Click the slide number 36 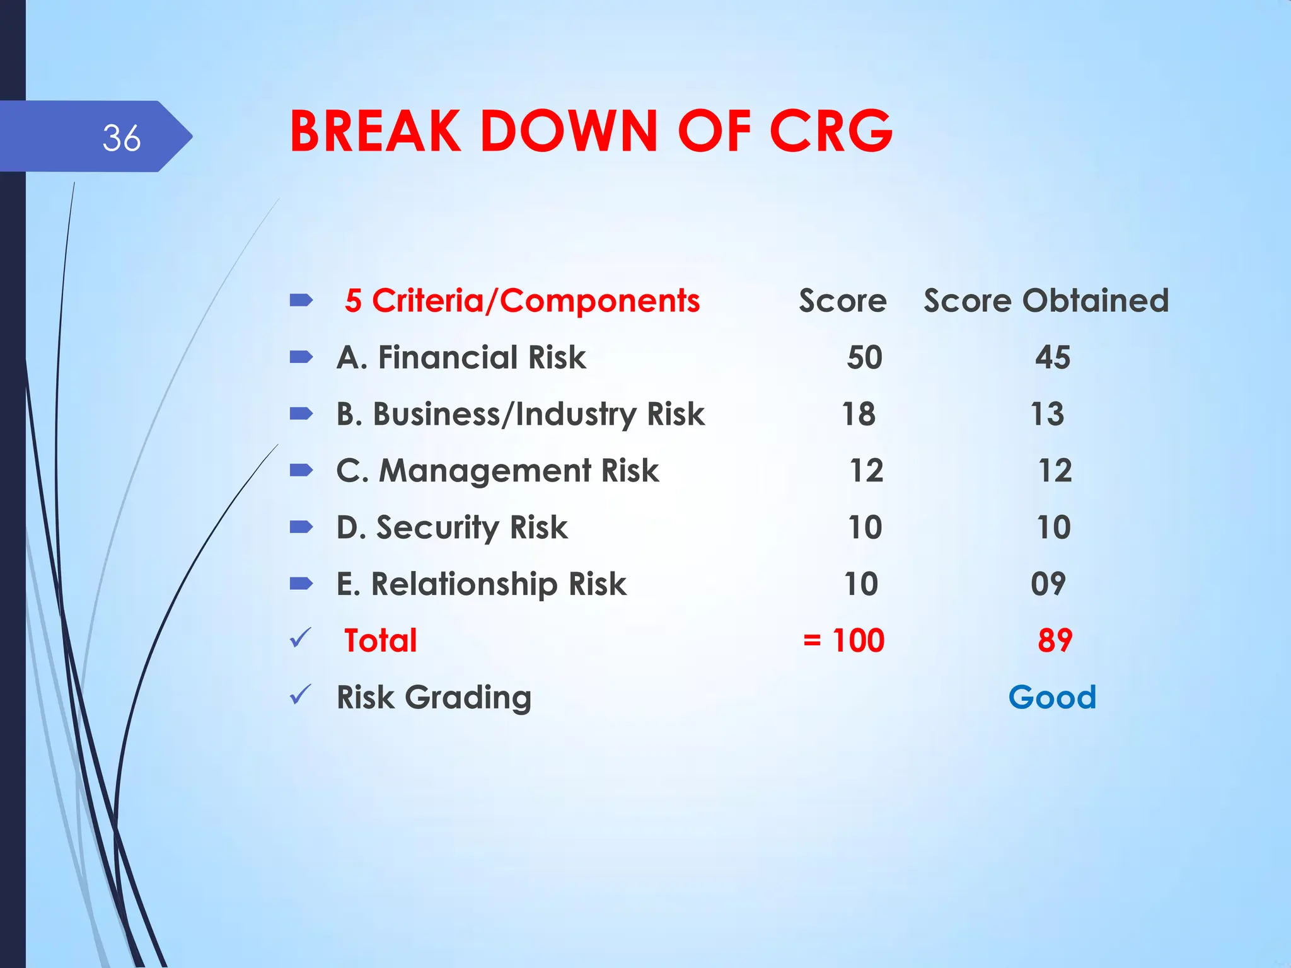pos(122,138)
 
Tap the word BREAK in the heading pos(376,131)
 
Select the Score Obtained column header pos(1046,301)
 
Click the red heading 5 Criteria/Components pos(522,301)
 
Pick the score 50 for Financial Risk pos(864,357)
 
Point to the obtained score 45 pos(1052,357)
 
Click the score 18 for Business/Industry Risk pos(859,414)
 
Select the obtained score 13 pos(1047,414)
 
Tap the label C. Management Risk pos(497,471)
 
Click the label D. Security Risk pos(452,527)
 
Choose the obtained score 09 pos(1048,584)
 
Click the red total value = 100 pos(843,640)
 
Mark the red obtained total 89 pos(1055,640)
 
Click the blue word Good pos(1052,697)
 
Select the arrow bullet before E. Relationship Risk pos(301,584)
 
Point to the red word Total pos(380,640)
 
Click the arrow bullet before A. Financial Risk pos(301,357)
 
